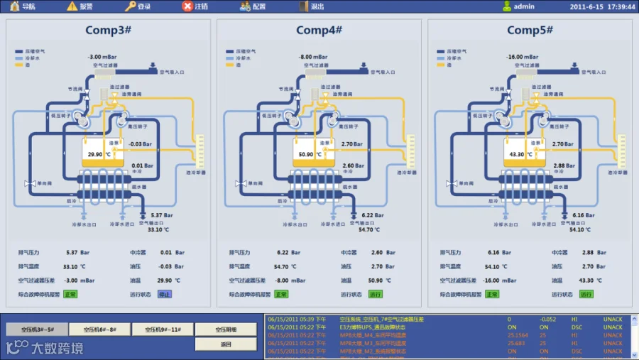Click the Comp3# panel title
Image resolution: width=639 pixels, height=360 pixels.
pos(109,30)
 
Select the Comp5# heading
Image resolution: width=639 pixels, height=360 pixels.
pos(530,30)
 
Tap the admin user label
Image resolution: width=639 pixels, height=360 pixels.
pos(524,6)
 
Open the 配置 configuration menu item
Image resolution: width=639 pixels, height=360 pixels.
pos(253,6)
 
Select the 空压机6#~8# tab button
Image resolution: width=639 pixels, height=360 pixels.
pos(100,329)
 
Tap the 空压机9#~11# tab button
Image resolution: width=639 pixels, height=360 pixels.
pos(163,329)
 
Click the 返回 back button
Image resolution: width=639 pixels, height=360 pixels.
pos(226,344)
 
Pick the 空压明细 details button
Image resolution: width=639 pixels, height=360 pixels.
pos(226,329)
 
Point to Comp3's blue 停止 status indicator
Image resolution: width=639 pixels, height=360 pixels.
pos(165,294)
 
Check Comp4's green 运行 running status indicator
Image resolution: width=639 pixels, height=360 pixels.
pos(376,294)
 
